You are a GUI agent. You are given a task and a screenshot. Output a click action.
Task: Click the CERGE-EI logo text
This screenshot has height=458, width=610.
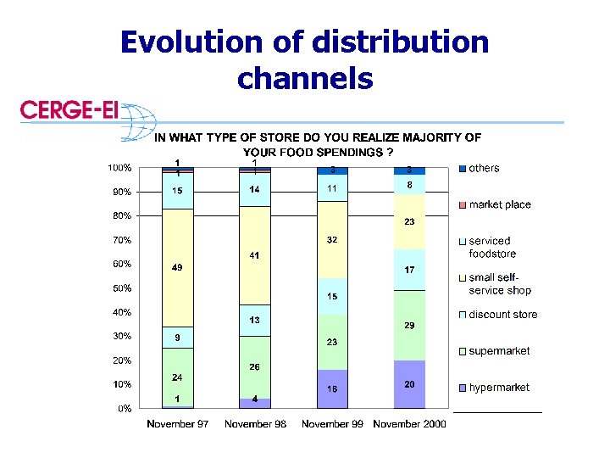coord(69,110)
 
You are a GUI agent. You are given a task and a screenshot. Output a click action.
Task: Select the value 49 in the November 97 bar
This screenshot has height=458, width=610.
coord(177,268)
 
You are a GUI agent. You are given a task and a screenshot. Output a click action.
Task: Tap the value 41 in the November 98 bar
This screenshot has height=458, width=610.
coord(255,255)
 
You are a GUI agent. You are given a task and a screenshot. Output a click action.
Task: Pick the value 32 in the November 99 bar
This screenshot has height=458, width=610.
coord(332,240)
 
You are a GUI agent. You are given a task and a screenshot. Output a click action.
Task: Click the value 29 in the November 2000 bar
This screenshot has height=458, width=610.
coord(409,327)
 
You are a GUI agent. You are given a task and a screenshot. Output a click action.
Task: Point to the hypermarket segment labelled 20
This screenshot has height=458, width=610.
coord(409,383)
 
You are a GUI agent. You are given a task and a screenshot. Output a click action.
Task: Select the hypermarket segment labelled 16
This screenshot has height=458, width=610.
coord(332,388)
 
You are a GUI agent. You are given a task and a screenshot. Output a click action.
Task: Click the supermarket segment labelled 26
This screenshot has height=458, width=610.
coord(255,367)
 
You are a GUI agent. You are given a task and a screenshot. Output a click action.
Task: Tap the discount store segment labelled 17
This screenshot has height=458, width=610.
coord(409,271)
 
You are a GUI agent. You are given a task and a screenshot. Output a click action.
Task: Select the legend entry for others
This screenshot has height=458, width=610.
coord(484,168)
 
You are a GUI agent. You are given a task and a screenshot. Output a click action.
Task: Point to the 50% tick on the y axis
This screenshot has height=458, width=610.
coord(120,288)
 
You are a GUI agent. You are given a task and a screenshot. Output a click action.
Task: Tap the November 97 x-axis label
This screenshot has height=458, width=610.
coord(178,424)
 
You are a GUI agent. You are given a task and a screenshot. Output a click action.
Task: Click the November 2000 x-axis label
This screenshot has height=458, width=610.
coord(410,424)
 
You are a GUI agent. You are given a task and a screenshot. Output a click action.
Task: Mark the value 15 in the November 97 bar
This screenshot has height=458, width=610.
coord(177,191)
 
